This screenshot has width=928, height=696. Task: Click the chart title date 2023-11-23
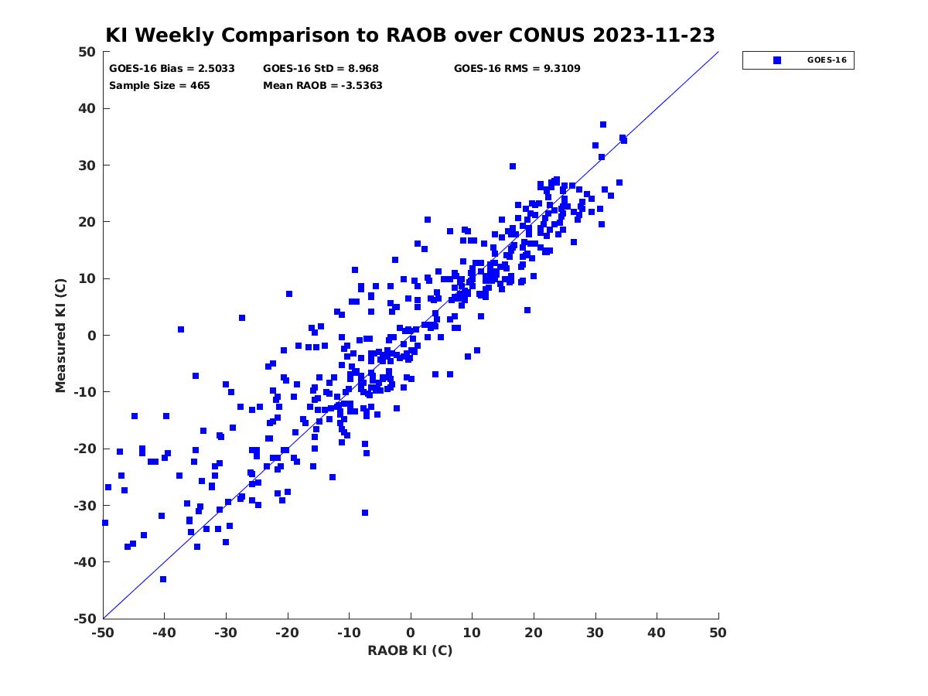tap(653, 35)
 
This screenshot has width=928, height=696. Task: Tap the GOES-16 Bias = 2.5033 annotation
tap(172, 69)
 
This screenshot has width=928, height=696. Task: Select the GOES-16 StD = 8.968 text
tap(320, 69)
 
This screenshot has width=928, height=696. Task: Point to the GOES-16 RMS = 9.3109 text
tap(517, 69)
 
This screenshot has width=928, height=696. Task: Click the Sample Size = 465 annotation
tap(159, 86)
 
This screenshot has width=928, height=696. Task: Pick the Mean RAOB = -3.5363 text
tap(322, 86)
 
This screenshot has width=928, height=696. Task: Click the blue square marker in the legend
tap(776, 60)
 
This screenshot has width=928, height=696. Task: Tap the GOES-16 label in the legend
tap(827, 60)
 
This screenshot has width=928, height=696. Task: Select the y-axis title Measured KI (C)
tap(61, 335)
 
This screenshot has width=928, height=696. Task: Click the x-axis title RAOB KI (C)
tap(410, 650)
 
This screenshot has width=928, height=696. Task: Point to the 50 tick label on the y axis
tap(87, 52)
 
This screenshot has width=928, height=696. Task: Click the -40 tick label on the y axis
tap(85, 562)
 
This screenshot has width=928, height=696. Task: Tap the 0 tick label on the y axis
tap(92, 336)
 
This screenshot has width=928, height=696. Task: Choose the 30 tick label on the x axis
tap(595, 633)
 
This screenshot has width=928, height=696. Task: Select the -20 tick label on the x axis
tap(288, 633)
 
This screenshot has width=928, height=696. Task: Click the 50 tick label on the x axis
tap(718, 633)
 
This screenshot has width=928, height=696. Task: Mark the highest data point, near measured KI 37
tap(603, 125)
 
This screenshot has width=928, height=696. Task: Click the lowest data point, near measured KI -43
tap(163, 579)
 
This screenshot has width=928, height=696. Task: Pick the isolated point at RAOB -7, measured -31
tap(365, 513)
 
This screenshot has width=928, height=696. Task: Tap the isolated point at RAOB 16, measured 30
tap(513, 166)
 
